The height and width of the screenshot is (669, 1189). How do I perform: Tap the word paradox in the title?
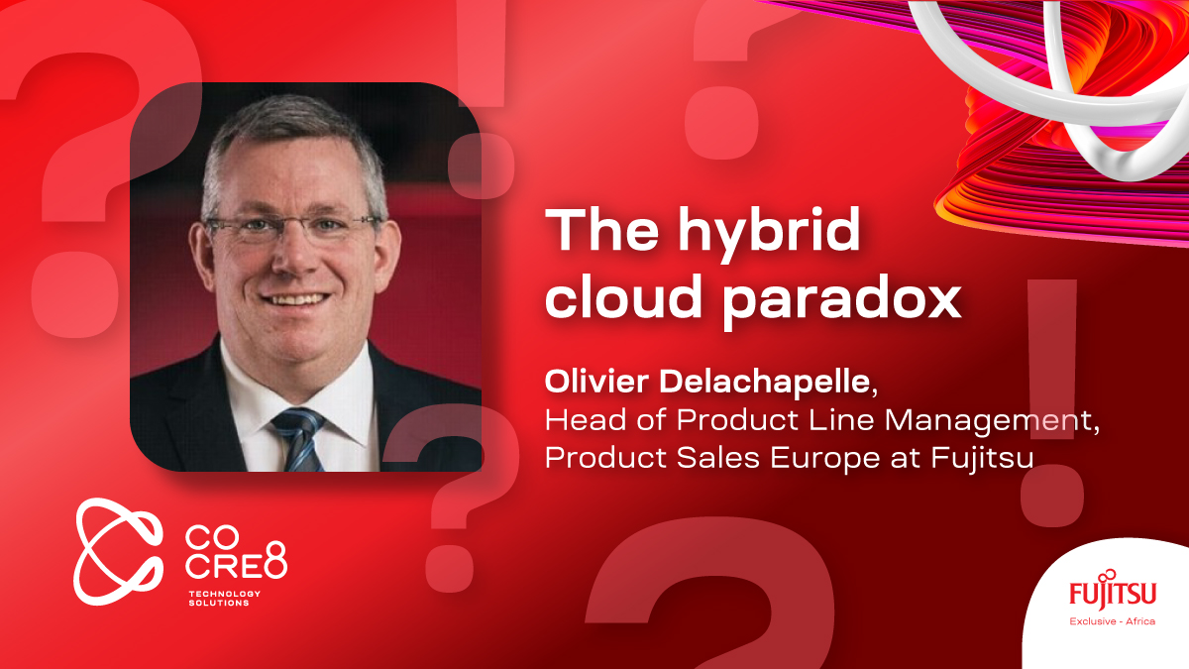click(843, 301)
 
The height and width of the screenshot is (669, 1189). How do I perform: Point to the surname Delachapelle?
click(765, 382)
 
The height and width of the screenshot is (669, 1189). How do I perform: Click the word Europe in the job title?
click(824, 458)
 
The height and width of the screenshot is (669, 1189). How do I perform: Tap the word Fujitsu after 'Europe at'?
click(983, 458)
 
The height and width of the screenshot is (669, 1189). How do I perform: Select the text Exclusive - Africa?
click(1112, 621)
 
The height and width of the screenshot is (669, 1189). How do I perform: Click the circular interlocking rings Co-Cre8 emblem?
click(118, 551)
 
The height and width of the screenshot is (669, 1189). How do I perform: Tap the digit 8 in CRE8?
click(275, 560)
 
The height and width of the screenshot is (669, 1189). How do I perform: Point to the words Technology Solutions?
click(225, 598)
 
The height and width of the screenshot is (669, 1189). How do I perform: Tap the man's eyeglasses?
click(293, 227)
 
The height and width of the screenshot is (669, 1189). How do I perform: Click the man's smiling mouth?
click(295, 299)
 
